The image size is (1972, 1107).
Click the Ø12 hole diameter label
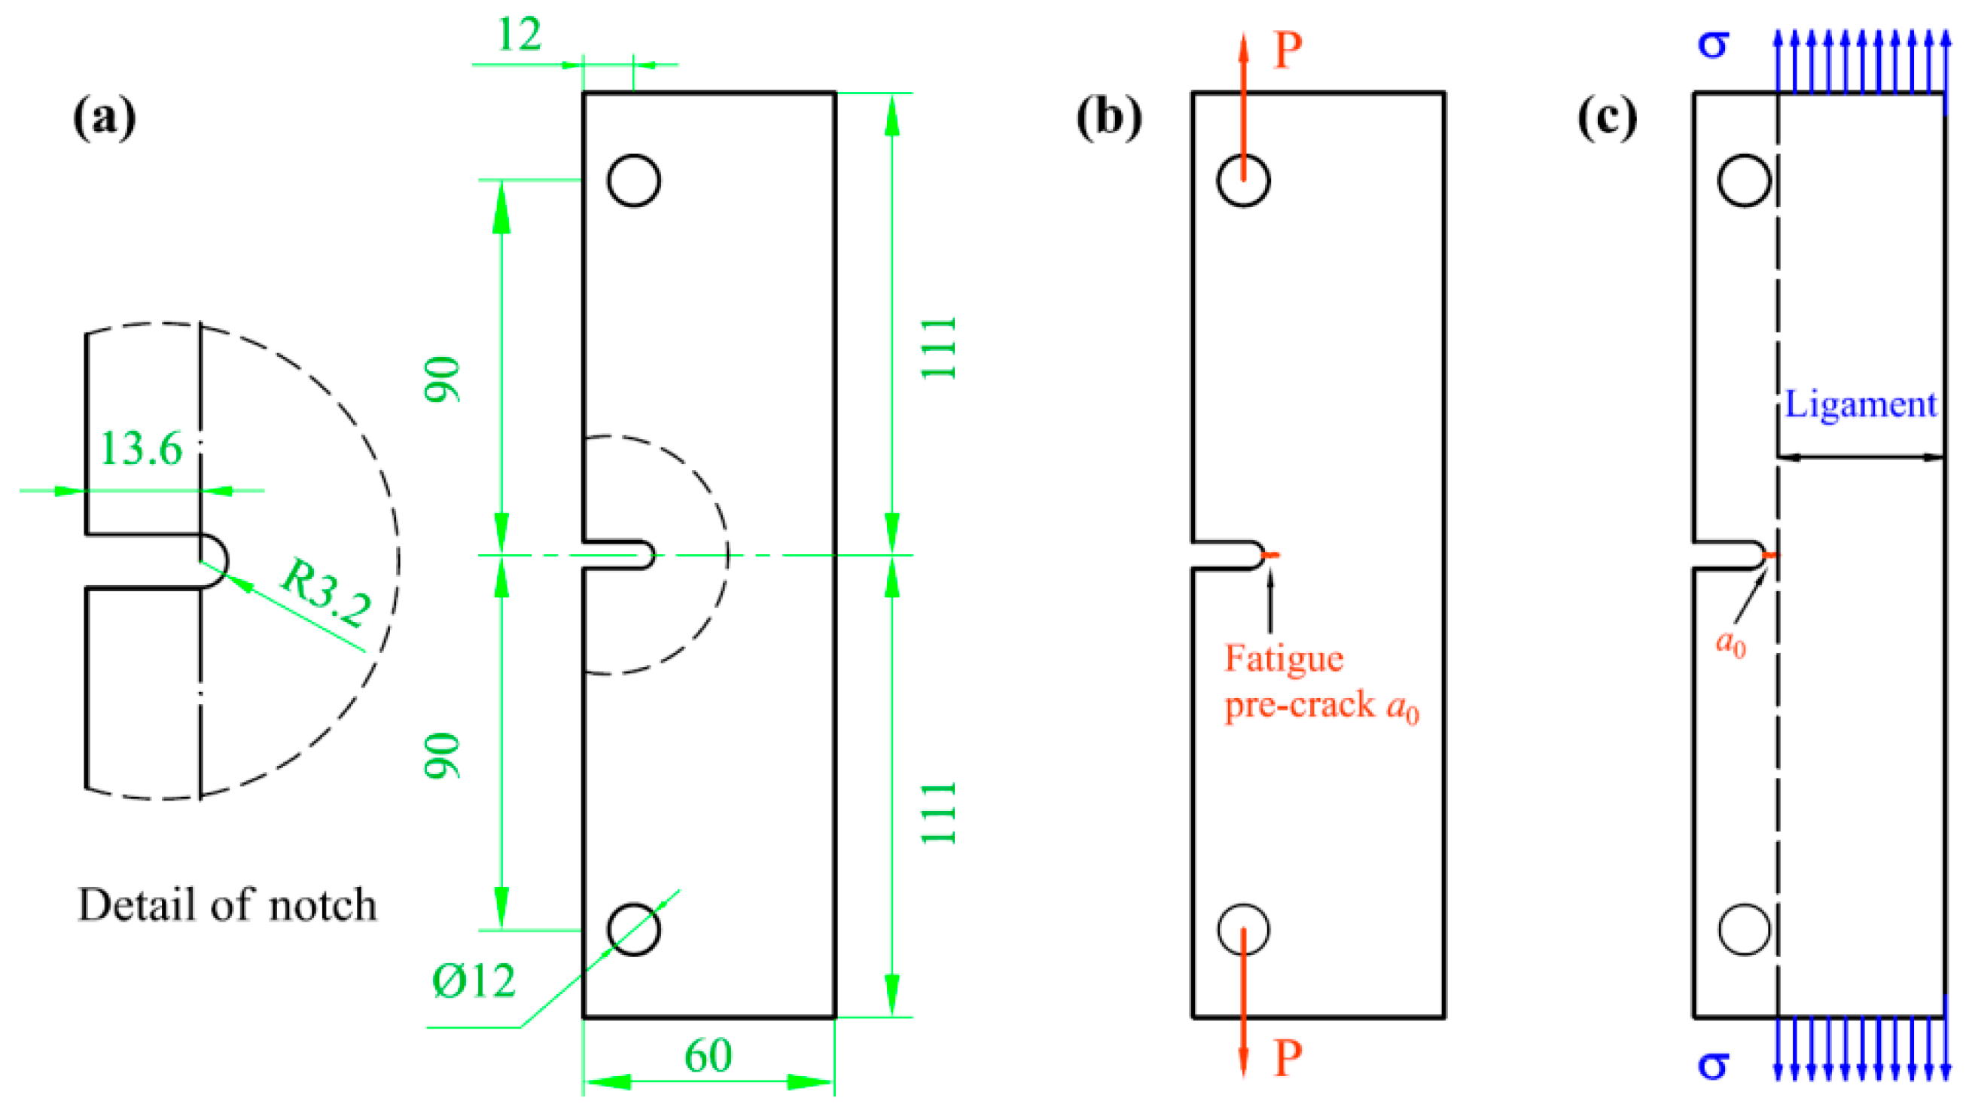tap(474, 980)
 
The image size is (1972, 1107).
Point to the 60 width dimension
tap(708, 1056)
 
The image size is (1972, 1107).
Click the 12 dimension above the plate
tap(519, 35)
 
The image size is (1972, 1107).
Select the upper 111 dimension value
tap(938, 348)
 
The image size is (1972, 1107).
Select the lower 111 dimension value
tap(938, 813)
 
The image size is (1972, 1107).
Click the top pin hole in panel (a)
tap(634, 181)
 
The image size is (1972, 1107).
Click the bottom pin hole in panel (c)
tap(1744, 929)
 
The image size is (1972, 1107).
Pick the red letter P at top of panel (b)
tap(1288, 51)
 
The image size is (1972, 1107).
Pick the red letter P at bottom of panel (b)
tap(1288, 1059)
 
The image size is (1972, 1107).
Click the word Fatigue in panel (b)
tap(1284, 659)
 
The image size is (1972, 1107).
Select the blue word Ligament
tap(1861, 404)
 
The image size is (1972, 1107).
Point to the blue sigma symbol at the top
tap(1713, 44)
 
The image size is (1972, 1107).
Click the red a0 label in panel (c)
tap(1730, 643)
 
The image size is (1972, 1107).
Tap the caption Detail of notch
tap(227, 905)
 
